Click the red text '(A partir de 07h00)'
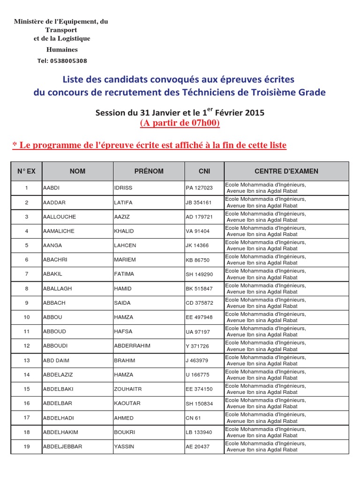[x=180, y=123]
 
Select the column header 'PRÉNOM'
[x=149, y=171]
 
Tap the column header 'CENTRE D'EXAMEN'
[x=286, y=171]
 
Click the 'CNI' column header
[x=204, y=171]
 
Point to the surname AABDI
[x=52, y=188]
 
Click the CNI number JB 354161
[x=199, y=202]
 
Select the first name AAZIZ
[x=122, y=217]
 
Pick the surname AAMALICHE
[x=59, y=231]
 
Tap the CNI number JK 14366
[x=198, y=246]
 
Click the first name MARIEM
[x=124, y=260]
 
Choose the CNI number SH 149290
[x=199, y=274]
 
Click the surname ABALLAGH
[x=58, y=288]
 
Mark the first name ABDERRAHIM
[x=132, y=346]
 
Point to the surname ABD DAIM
[x=56, y=360]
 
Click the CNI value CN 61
[x=193, y=418]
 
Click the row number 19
[x=27, y=446]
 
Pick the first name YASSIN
[x=124, y=446]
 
